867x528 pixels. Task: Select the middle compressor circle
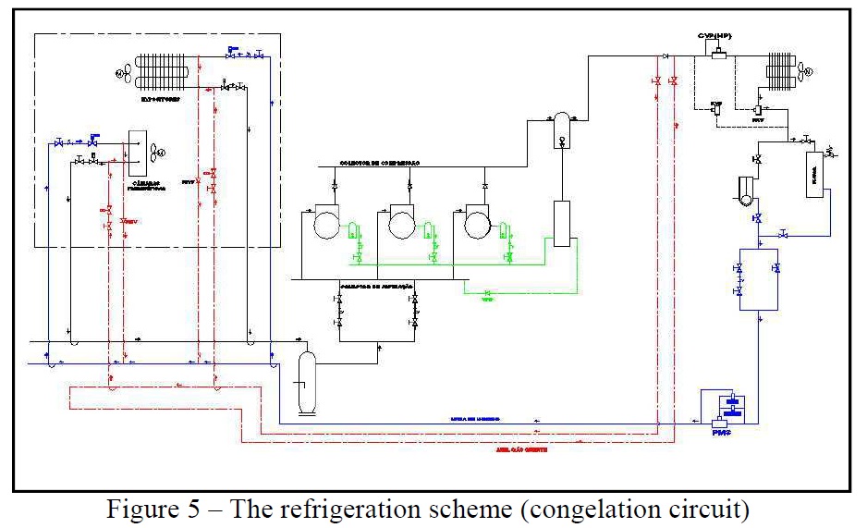[402, 224]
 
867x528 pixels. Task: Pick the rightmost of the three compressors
[477, 224]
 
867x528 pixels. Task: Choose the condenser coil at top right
[780, 70]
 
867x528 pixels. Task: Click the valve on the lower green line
[487, 294]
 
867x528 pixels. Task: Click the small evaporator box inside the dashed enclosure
[140, 152]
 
